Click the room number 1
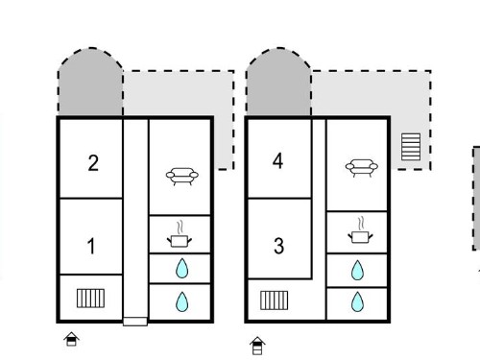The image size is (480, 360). pos(91,246)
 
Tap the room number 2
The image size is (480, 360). pos(93,163)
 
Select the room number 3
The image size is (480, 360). pos(278,246)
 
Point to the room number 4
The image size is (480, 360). pos(277,160)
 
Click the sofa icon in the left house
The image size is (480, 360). pos(182,177)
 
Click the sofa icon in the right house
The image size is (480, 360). pos(362,168)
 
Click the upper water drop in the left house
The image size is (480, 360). pos(181,268)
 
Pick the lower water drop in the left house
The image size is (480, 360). pos(182,301)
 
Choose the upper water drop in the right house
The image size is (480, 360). pos(357,270)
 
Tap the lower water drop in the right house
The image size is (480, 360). pos(357,301)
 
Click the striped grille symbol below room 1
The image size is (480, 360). pos(90,299)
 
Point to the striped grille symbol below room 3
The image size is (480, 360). pos(275,300)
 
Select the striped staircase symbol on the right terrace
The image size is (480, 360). pos(411,147)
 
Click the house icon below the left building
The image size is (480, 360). pos(71,339)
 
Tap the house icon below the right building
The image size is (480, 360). pos(257,346)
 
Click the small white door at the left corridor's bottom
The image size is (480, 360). pos(135,322)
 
